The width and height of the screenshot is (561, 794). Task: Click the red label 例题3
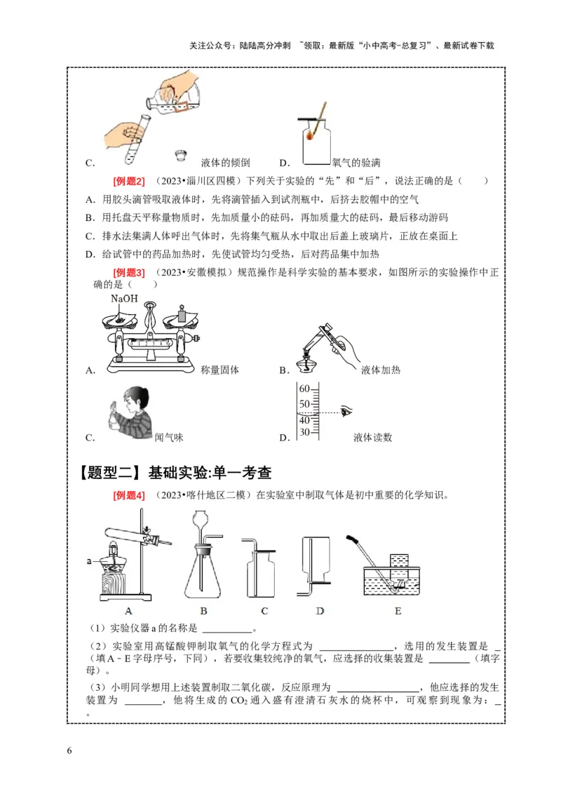[129, 272]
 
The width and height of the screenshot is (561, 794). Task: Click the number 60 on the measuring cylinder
[304, 389]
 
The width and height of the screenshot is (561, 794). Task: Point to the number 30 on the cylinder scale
[304, 432]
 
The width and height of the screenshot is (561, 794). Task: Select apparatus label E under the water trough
[398, 611]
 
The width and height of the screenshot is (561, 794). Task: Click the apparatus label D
[320, 611]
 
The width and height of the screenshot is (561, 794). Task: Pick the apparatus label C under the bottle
[264, 611]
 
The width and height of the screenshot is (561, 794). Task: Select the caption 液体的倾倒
[220, 163]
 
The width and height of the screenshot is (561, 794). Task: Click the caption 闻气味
[168, 437]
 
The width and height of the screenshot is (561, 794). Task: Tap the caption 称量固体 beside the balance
[219, 370]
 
